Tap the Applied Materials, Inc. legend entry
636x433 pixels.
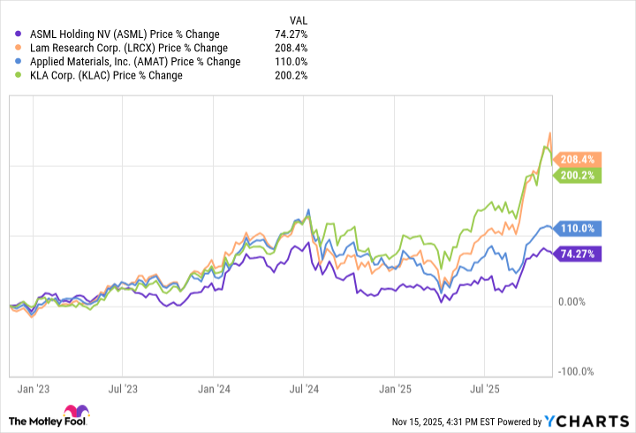tap(133, 62)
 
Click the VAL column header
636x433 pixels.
tap(299, 19)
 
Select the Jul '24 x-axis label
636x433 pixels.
tap(304, 388)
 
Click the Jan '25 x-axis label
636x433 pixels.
tap(394, 388)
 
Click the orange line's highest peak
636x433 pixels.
tap(550, 133)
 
